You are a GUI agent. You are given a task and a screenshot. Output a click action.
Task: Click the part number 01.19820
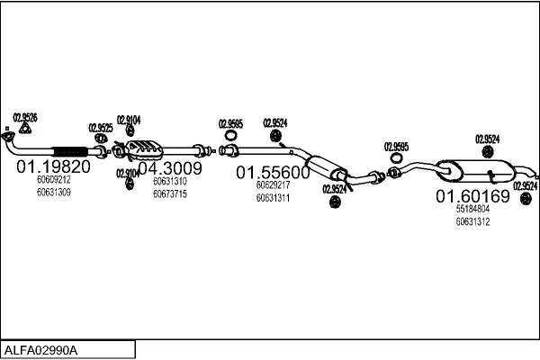(53, 166)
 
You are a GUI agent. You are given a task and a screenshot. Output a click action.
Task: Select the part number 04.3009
(170, 168)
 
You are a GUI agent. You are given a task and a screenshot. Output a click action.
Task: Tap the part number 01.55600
(273, 173)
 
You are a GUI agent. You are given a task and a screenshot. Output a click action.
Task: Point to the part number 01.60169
(472, 196)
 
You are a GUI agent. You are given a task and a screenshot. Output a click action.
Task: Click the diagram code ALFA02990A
(40, 350)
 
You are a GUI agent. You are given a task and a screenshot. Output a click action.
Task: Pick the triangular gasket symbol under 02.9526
(25, 129)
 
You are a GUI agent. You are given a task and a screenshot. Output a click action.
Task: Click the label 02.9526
(25, 118)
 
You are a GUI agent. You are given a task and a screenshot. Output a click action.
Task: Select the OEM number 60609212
(54, 179)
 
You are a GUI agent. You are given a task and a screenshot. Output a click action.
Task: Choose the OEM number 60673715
(170, 194)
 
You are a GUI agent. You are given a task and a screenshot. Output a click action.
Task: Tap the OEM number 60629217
(273, 185)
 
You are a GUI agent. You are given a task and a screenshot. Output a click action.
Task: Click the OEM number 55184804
(472, 209)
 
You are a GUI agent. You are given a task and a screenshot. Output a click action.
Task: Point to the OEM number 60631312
(472, 221)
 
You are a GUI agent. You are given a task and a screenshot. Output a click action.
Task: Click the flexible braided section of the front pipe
(70, 151)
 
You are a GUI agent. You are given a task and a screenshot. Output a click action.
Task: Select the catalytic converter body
(145, 150)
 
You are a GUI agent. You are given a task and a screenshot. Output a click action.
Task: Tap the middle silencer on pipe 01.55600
(326, 167)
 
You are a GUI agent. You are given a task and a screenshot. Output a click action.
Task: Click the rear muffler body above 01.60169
(476, 171)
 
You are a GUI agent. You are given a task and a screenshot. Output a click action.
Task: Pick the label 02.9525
(101, 128)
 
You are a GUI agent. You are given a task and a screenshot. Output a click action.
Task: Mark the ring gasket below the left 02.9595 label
(230, 135)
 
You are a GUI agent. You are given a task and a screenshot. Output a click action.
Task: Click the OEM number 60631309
(54, 193)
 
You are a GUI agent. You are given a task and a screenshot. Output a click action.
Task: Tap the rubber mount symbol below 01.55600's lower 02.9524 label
(335, 202)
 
